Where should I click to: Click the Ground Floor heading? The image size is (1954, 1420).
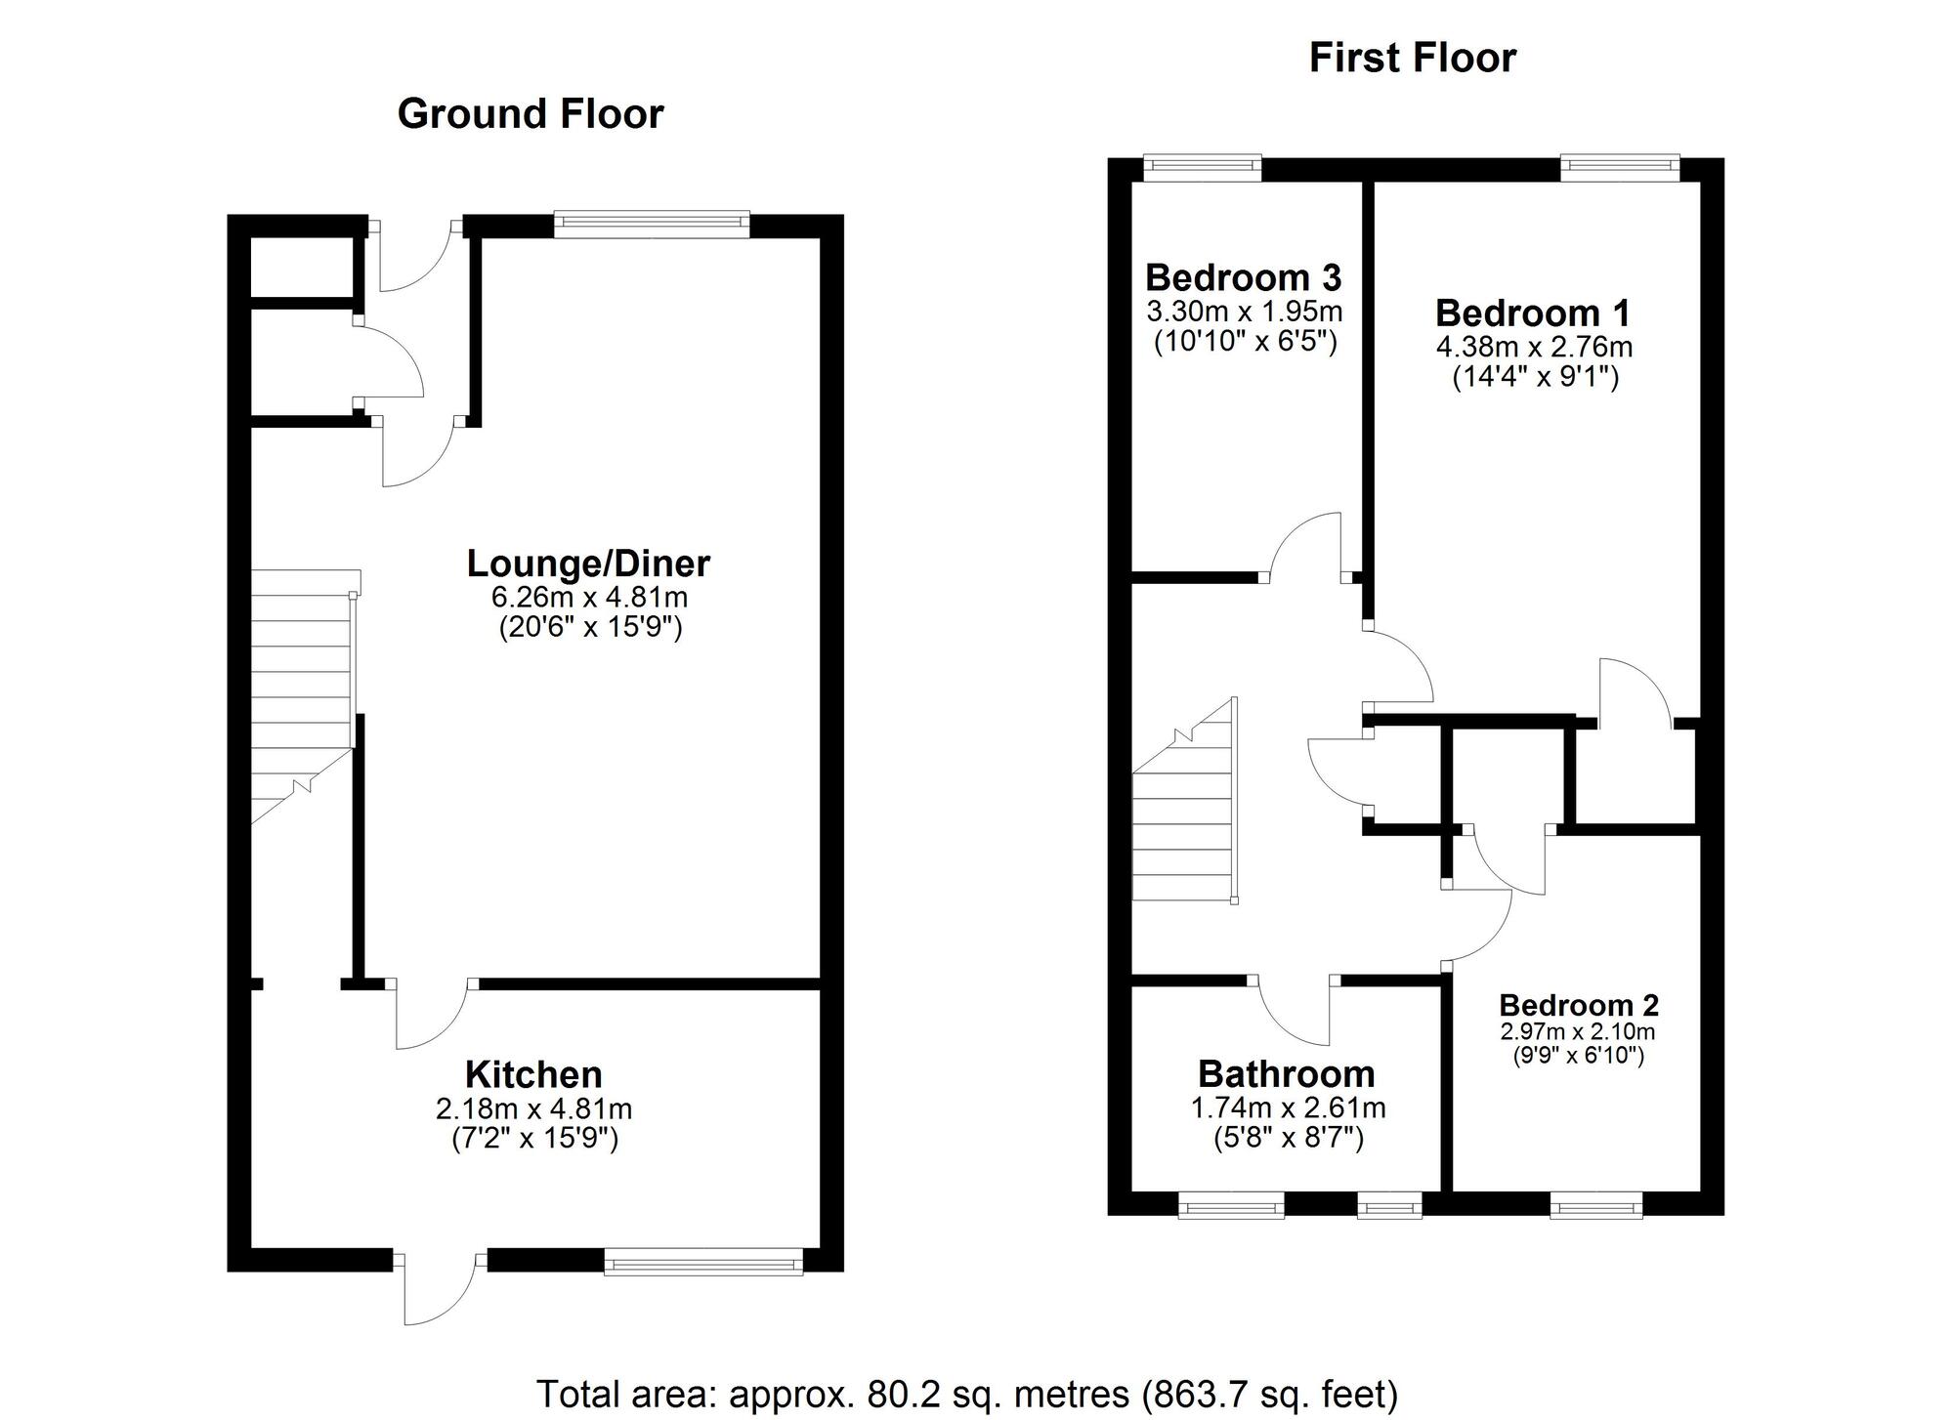[x=530, y=114]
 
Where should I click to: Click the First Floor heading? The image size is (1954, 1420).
[x=1412, y=59]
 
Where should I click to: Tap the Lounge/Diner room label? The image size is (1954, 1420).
[x=588, y=564]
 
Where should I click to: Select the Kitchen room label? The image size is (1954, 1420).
[x=533, y=1074]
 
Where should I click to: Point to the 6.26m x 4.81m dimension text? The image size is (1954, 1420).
[x=590, y=597]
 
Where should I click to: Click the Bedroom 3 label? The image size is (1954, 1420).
[x=1243, y=278]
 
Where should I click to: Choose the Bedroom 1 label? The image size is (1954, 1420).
[x=1533, y=313]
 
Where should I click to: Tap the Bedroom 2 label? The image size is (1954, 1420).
[x=1578, y=1005]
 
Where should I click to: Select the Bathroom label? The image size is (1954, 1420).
[x=1286, y=1074]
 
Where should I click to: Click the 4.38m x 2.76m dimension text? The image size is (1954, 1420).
[x=1534, y=347]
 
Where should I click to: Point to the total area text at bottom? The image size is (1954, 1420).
[x=967, y=1393]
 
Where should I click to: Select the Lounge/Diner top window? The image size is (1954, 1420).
[x=652, y=225]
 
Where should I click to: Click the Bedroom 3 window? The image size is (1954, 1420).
[x=1203, y=168]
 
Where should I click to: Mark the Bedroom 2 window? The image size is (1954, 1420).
[x=1596, y=1209]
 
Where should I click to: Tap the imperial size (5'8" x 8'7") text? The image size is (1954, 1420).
[x=1288, y=1139]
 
